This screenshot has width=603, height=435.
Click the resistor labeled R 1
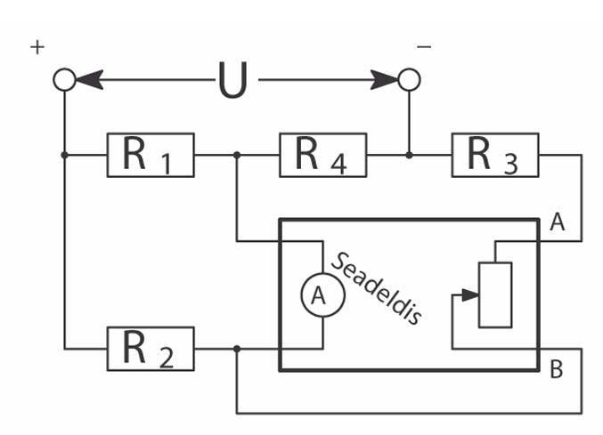pos(151,155)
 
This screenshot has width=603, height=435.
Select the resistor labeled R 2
pos(151,349)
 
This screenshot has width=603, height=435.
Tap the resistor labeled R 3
pos(495,155)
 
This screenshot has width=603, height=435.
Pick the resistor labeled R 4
pos(322,155)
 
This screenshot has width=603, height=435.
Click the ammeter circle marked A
pos(321,297)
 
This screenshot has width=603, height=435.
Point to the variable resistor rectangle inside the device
pos(494,294)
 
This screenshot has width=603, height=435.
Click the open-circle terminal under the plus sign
pos(64,80)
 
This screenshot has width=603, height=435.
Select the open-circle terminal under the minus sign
pos(409,80)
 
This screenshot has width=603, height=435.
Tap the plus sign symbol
pos(37,47)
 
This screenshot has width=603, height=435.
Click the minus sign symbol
pos(424,46)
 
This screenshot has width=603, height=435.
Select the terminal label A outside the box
pos(558,223)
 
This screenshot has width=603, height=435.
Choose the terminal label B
pos(556,369)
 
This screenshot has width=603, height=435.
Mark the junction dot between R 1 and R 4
pos(236,155)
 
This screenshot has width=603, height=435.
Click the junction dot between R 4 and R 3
pos(409,155)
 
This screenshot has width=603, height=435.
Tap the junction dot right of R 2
pos(236,349)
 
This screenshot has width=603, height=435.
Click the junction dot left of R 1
pos(64,155)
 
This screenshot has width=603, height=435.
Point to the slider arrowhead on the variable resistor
pos(471,294)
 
